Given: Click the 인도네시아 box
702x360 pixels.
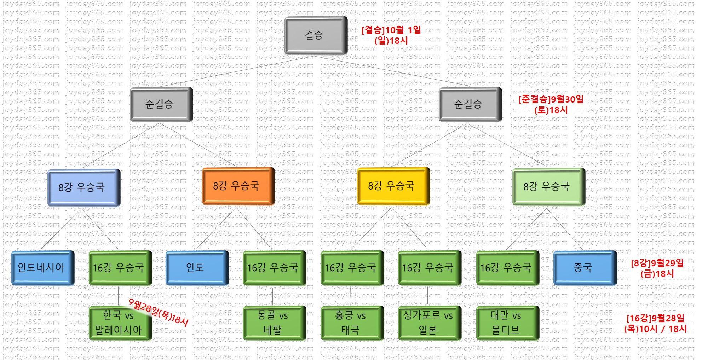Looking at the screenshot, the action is tap(42, 267).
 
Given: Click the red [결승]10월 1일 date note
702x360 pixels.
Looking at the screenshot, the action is tap(391, 35).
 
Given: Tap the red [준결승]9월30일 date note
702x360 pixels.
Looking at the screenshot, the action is tap(551, 104).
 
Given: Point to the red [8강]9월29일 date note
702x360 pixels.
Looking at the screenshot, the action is tap(657, 268).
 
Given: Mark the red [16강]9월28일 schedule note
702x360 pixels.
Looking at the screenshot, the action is tap(655, 324).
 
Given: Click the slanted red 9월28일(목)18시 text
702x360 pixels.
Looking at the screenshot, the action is tap(159, 312).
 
